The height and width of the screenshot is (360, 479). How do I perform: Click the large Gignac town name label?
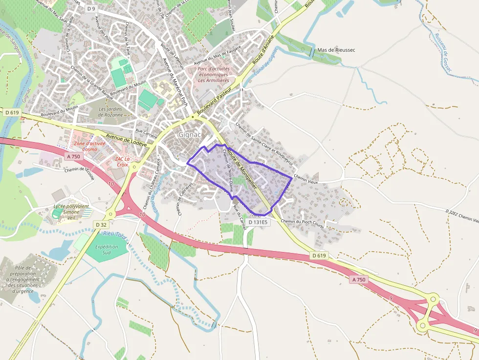click(x=190, y=134)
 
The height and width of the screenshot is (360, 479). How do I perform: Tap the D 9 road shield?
click(x=91, y=8)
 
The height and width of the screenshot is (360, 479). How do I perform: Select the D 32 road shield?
click(x=101, y=225)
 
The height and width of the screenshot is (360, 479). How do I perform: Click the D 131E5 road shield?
click(x=258, y=222)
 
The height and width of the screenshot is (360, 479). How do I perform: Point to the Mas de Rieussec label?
click(x=336, y=50)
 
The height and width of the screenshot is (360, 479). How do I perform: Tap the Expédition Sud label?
click(x=107, y=250)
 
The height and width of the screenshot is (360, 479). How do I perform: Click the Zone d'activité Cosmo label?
click(x=90, y=146)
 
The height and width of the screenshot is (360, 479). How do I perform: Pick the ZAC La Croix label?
click(x=122, y=161)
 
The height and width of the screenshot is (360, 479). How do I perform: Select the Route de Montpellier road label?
click(x=242, y=167)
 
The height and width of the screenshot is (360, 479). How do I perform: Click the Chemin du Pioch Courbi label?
click(x=303, y=224)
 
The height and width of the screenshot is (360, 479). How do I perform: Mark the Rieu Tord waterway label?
click(x=115, y=236)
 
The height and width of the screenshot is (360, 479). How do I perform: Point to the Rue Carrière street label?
click(x=146, y=132)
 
